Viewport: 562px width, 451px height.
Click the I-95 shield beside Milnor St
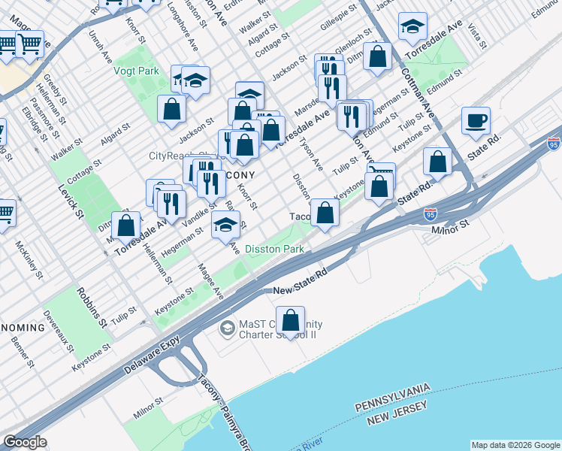point(430,214)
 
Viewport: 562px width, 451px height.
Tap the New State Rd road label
point(301,290)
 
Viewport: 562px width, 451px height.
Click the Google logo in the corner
point(25,442)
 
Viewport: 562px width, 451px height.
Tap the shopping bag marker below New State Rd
point(290,321)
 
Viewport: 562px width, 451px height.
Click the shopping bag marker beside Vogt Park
point(171,109)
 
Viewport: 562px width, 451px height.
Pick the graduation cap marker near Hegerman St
point(225,224)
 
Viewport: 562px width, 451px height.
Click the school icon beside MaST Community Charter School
point(226,329)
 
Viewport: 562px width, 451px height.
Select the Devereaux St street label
point(59,333)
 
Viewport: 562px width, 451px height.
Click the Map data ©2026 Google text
point(515,445)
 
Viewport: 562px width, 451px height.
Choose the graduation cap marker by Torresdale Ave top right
point(412,28)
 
